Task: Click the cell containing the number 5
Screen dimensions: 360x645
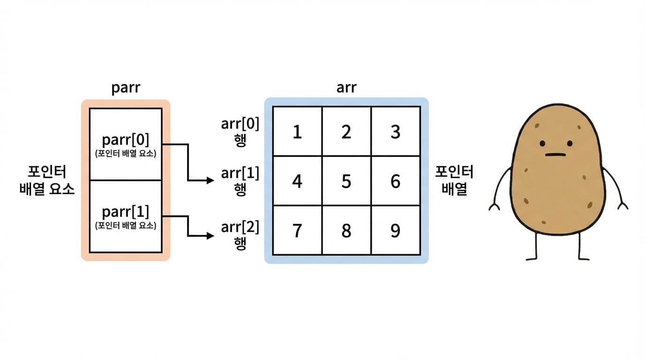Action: (x=346, y=181)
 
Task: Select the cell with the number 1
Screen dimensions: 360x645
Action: (x=297, y=132)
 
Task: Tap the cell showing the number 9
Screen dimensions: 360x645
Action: (x=396, y=231)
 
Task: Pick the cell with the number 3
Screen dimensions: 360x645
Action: (x=396, y=132)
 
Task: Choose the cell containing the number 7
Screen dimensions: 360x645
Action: (x=297, y=231)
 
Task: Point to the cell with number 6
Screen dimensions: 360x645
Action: (x=396, y=181)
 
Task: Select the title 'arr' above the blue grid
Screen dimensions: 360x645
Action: (x=346, y=88)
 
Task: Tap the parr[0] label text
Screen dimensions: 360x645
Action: (x=126, y=140)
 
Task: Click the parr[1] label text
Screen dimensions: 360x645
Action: (x=126, y=212)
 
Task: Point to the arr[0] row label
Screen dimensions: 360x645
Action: (x=240, y=125)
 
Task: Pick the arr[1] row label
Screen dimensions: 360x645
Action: (x=240, y=174)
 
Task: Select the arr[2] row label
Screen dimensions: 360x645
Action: (x=240, y=228)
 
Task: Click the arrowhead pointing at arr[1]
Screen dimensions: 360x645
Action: (x=210, y=180)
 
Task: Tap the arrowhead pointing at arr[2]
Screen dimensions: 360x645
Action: (x=210, y=236)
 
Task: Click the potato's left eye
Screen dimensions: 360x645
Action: (x=542, y=143)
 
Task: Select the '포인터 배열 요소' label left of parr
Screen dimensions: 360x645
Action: (x=47, y=180)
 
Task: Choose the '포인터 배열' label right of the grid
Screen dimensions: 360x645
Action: (x=454, y=180)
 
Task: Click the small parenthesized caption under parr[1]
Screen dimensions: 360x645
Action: (x=126, y=225)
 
